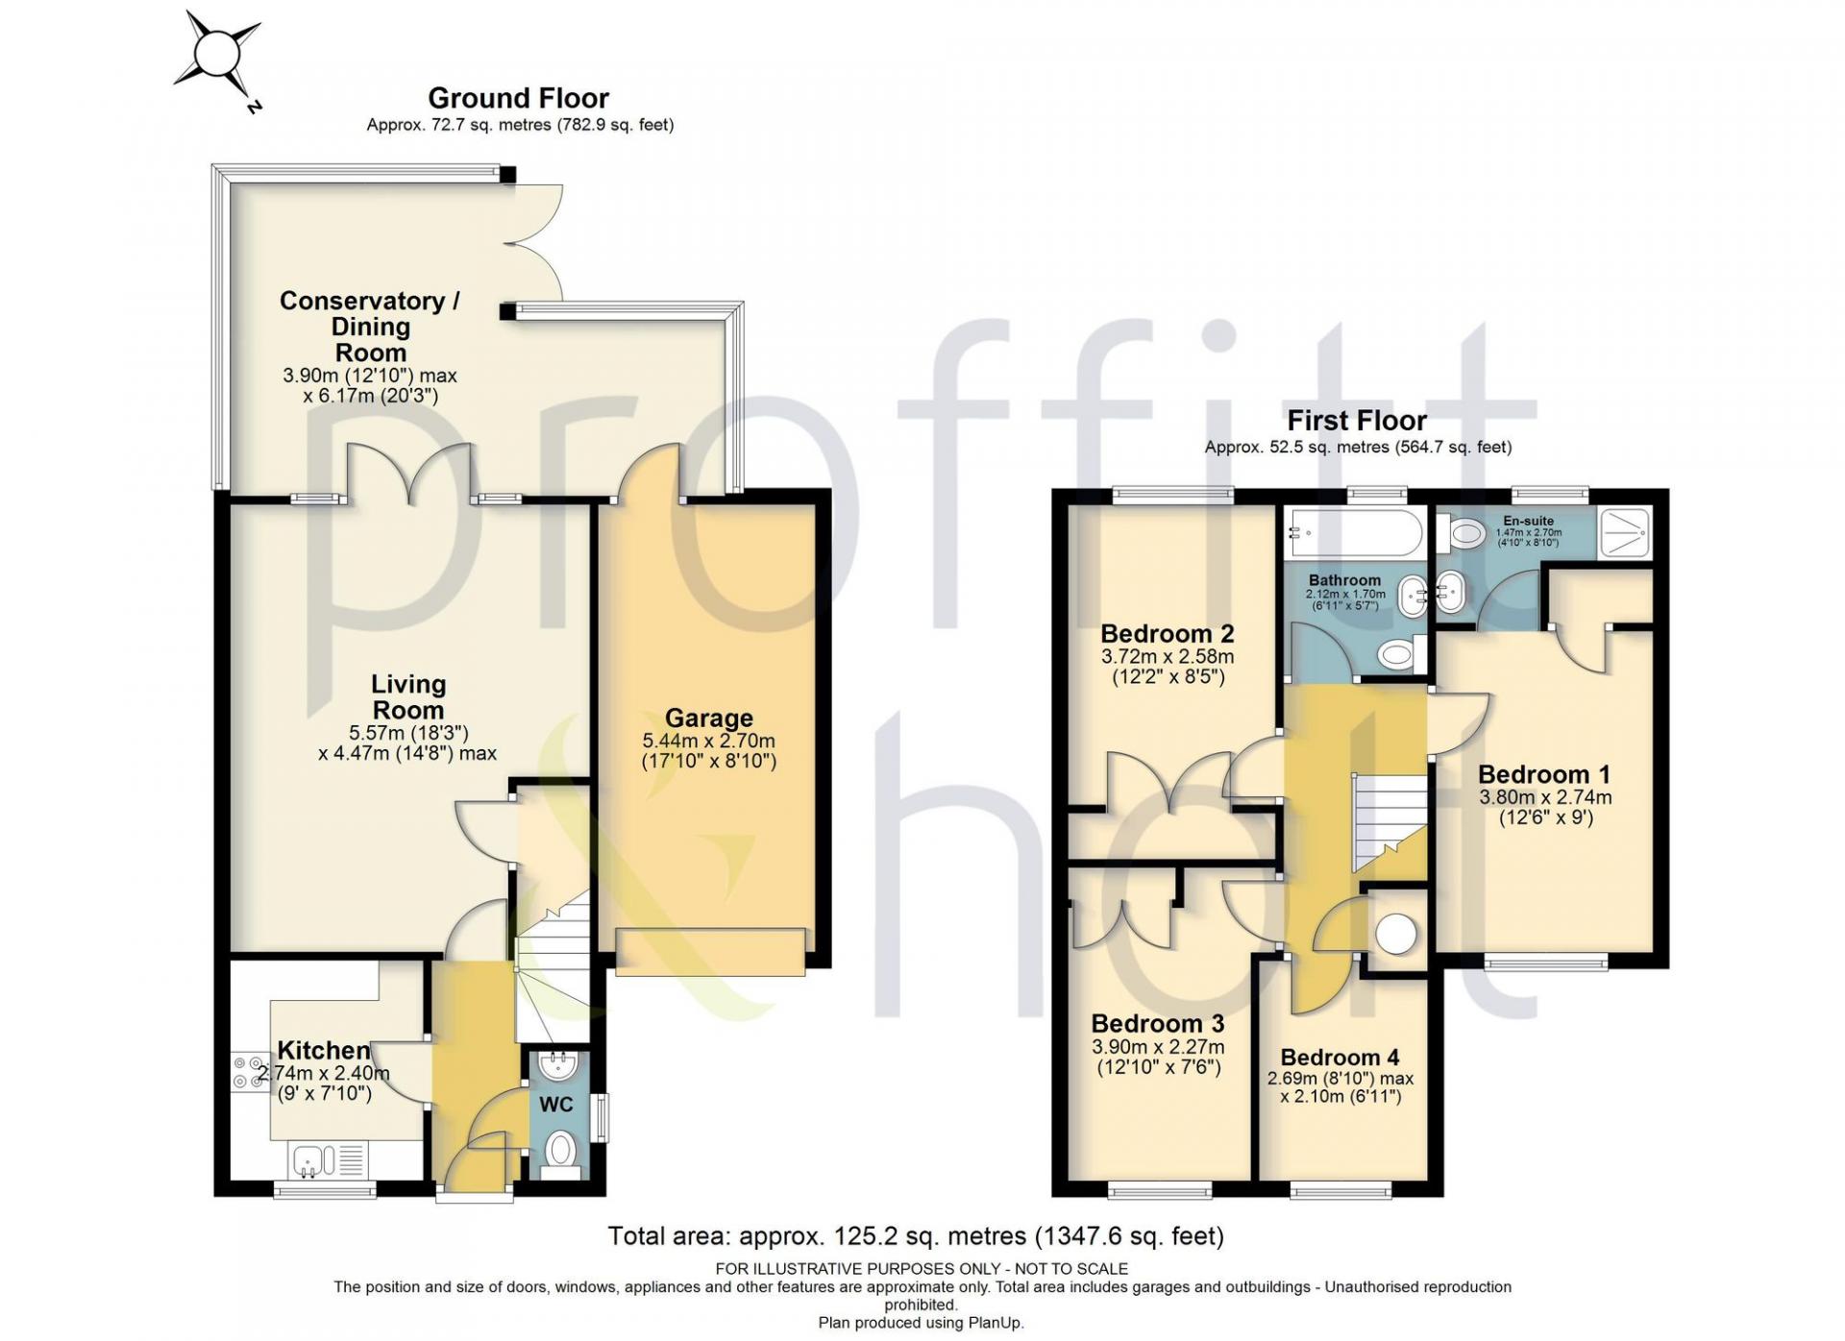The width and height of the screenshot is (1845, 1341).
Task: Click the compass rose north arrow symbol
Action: click(218, 54)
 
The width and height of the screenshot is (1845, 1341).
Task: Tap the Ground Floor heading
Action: click(518, 98)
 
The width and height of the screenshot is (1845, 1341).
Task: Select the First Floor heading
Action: click(1357, 420)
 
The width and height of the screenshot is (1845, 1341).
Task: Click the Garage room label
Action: click(709, 718)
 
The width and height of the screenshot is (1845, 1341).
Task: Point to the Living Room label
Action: click(408, 697)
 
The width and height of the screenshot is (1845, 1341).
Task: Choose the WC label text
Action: click(556, 1105)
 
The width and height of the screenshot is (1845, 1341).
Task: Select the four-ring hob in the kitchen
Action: click(250, 1073)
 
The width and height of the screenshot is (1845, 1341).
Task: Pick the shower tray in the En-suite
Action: click(1624, 532)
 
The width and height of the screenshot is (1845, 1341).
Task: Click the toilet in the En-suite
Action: click(1461, 533)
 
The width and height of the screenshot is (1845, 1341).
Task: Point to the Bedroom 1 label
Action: click(1544, 774)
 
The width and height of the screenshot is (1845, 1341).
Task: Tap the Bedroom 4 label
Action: click(1340, 1058)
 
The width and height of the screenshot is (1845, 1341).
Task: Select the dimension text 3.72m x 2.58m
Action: click(1168, 657)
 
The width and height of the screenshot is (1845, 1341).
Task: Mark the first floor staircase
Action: click(1390, 821)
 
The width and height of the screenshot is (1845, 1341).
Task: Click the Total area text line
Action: click(916, 1235)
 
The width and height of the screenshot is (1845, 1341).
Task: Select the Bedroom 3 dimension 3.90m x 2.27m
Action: click(1158, 1047)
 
